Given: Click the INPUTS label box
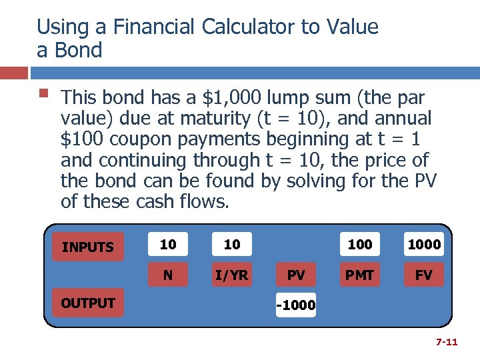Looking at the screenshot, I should (x=87, y=247).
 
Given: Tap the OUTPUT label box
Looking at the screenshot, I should (x=87, y=303).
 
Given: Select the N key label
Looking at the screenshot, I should (x=168, y=275).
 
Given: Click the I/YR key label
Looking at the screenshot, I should (x=232, y=275).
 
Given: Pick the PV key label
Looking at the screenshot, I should (x=296, y=275).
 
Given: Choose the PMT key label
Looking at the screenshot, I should (x=360, y=275).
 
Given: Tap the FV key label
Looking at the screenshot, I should (x=424, y=275).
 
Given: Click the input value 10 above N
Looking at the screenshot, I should (x=168, y=245).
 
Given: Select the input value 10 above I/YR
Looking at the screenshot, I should (x=232, y=245).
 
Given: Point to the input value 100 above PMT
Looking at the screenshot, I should (x=360, y=245).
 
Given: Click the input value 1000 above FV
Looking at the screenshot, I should (x=424, y=245).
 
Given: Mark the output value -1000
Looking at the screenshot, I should (x=296, y=307).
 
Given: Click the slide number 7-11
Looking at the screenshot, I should (x=446, y=342).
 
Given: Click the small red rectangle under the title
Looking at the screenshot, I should (x=13, y=73).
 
